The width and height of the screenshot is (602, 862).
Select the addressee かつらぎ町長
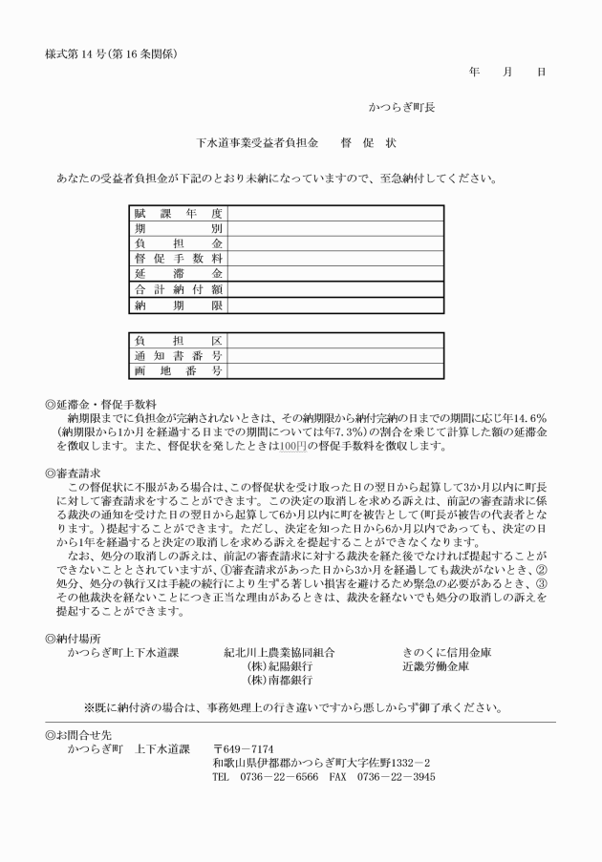(x=402, y=108)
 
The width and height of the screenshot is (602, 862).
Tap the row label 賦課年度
(x=179, y=213)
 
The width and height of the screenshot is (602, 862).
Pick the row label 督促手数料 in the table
(x=179, y=259)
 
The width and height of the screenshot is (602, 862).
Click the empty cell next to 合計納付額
(x=334, y=289)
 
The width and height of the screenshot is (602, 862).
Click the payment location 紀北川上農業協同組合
(x=279, y=653)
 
